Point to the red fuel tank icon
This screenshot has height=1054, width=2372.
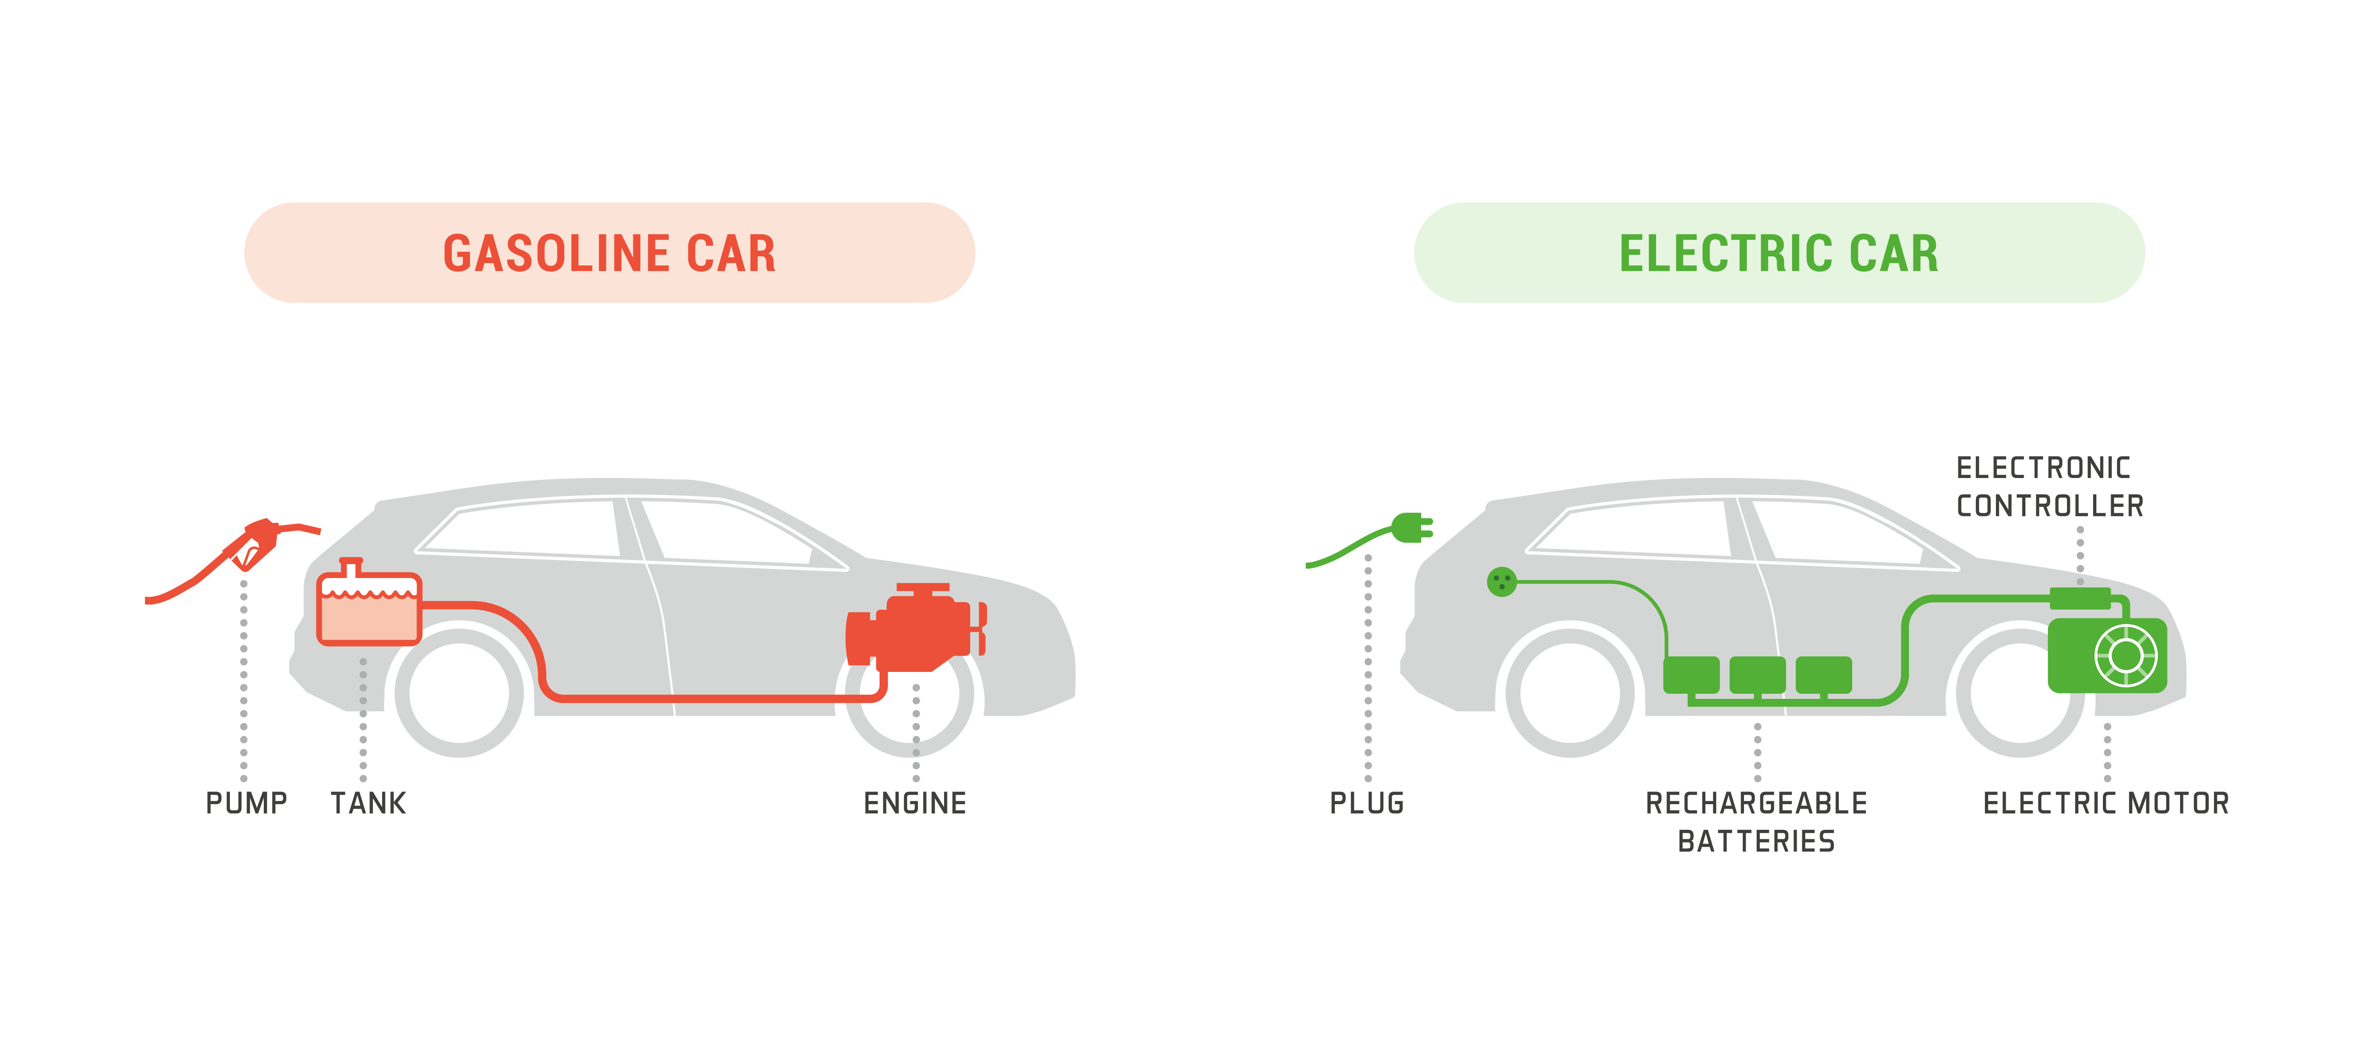[368, 607]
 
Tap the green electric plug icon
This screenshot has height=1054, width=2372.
[1411, 528]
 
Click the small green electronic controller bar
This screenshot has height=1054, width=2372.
[2080, 598]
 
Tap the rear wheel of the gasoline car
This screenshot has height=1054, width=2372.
[459, 692]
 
